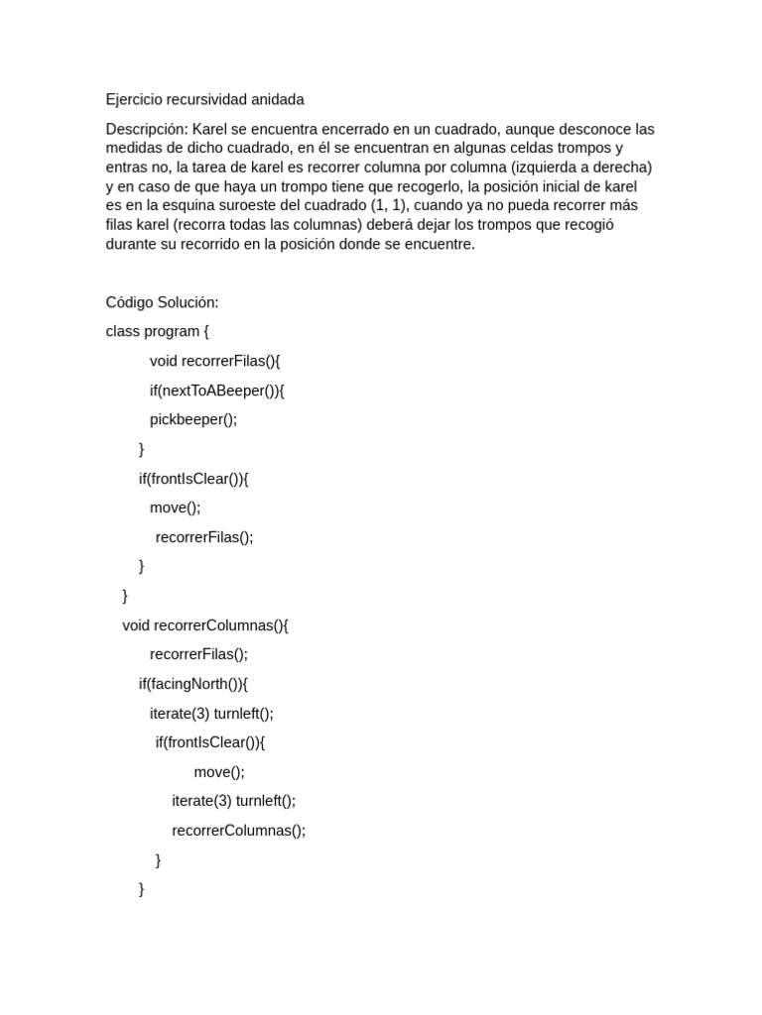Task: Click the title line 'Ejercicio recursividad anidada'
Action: [x=204, y=99]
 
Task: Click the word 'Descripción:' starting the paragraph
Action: [x=147, y=129]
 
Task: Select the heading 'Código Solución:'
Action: [x=162, y=302]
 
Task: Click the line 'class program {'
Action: [x=157, y=331]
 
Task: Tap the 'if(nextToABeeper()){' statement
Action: [x=217, y=391]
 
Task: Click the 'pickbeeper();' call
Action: [x=193, y=419]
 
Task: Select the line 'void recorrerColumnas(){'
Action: [x=204, y=625]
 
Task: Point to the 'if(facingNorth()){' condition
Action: [x=192, y=684]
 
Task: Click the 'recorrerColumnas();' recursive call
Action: [x=238, y=831]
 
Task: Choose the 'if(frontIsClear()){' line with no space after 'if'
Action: [x=192, y=479]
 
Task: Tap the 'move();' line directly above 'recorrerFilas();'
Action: [x=175, y=507]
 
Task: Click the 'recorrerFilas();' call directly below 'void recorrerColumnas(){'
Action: [x=198, y=654]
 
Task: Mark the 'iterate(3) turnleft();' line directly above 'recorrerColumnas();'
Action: [x=233, y=801]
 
